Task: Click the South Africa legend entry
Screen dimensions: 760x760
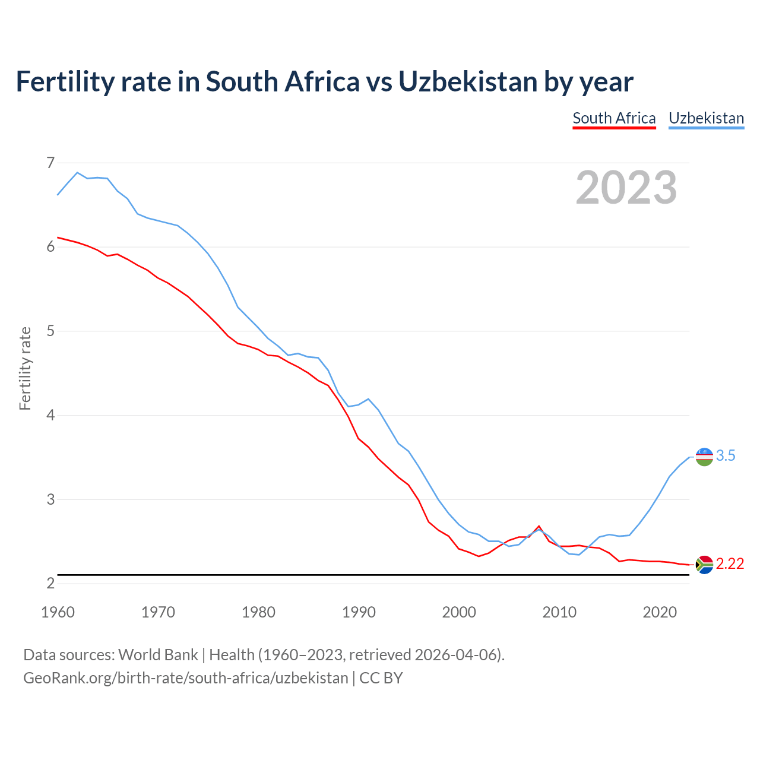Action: pos(614,118)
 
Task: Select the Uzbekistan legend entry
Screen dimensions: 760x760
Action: pos(706,118)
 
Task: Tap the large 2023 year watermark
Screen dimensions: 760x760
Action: pos(626,188)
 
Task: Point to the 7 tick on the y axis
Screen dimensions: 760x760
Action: pos(50,163)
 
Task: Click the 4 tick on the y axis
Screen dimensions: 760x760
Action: pos(50,415)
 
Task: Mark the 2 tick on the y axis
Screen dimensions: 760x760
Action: pos(50,584)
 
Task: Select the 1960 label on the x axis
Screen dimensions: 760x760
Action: pos(58,612)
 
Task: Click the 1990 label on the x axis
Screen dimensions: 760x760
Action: pos(359,612)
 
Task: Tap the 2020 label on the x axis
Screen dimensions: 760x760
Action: pos(660,612)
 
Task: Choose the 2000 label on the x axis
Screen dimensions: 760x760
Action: pos(459,612)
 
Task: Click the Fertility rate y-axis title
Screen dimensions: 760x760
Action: pos(25,368)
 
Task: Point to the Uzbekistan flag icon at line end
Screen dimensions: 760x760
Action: pos(704,457)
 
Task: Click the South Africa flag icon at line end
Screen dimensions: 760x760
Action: pos(704,564)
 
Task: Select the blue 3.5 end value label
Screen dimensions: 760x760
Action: pos(726,455)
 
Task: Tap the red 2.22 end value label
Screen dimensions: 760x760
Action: pos(730,563)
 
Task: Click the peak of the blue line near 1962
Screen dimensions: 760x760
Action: pos(77,172)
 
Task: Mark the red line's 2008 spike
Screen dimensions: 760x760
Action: pos(539,526)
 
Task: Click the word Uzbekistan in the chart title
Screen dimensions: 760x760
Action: pos(467,81)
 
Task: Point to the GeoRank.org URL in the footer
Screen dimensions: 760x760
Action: pos(185,677)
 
